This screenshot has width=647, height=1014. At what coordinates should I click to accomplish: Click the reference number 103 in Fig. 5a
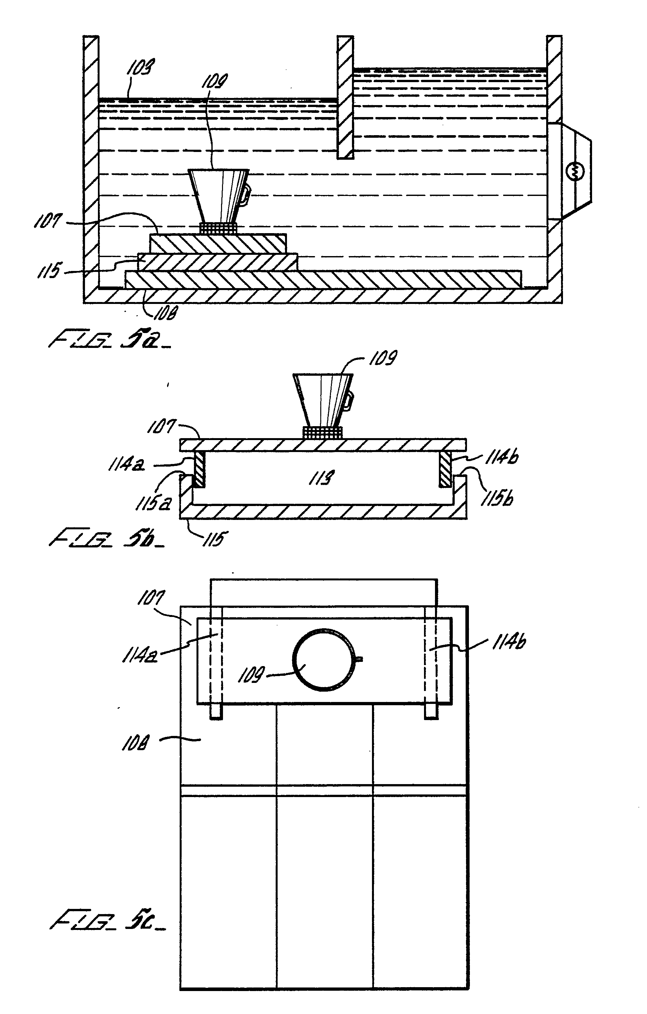[141, 67]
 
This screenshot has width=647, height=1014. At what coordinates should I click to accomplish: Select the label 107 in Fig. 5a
[46, 221]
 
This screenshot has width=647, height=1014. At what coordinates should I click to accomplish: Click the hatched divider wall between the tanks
[345, 97]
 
